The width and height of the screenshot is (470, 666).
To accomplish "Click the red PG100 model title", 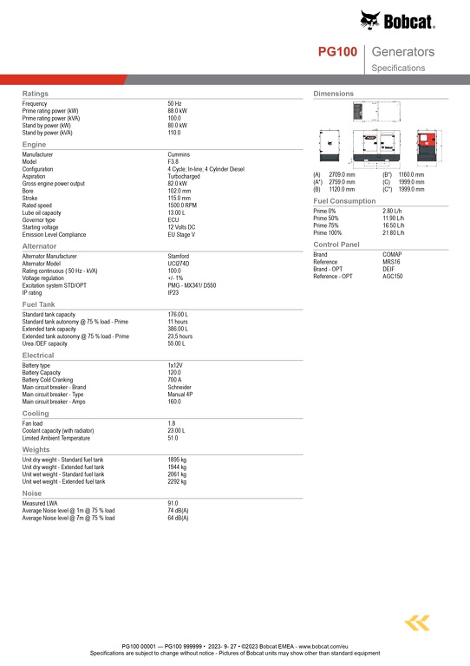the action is [337, 53].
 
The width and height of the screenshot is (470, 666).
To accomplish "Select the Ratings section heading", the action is [35, 93].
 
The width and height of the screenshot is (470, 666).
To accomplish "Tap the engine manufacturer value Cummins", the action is [180, 153].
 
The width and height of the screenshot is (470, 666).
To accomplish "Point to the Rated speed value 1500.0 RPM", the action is [183, 206].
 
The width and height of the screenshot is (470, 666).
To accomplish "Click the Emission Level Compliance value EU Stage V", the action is [181, 234].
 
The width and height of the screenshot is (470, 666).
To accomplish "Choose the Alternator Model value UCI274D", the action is [180, 263].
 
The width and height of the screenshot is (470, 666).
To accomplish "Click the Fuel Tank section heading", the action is [38, 304].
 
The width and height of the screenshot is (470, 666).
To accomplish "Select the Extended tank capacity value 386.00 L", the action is [178, 329].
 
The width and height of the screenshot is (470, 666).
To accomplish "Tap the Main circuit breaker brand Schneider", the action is [180, 387].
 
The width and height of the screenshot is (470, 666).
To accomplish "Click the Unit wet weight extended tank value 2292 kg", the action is [177, 480].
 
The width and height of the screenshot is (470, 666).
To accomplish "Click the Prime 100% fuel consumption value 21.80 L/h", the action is [394, 232].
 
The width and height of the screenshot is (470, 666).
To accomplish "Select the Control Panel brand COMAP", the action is [392, 255].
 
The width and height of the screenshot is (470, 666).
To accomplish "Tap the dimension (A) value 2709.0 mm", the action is [342, 174].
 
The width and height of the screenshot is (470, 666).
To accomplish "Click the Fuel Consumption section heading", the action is [344, 201].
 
